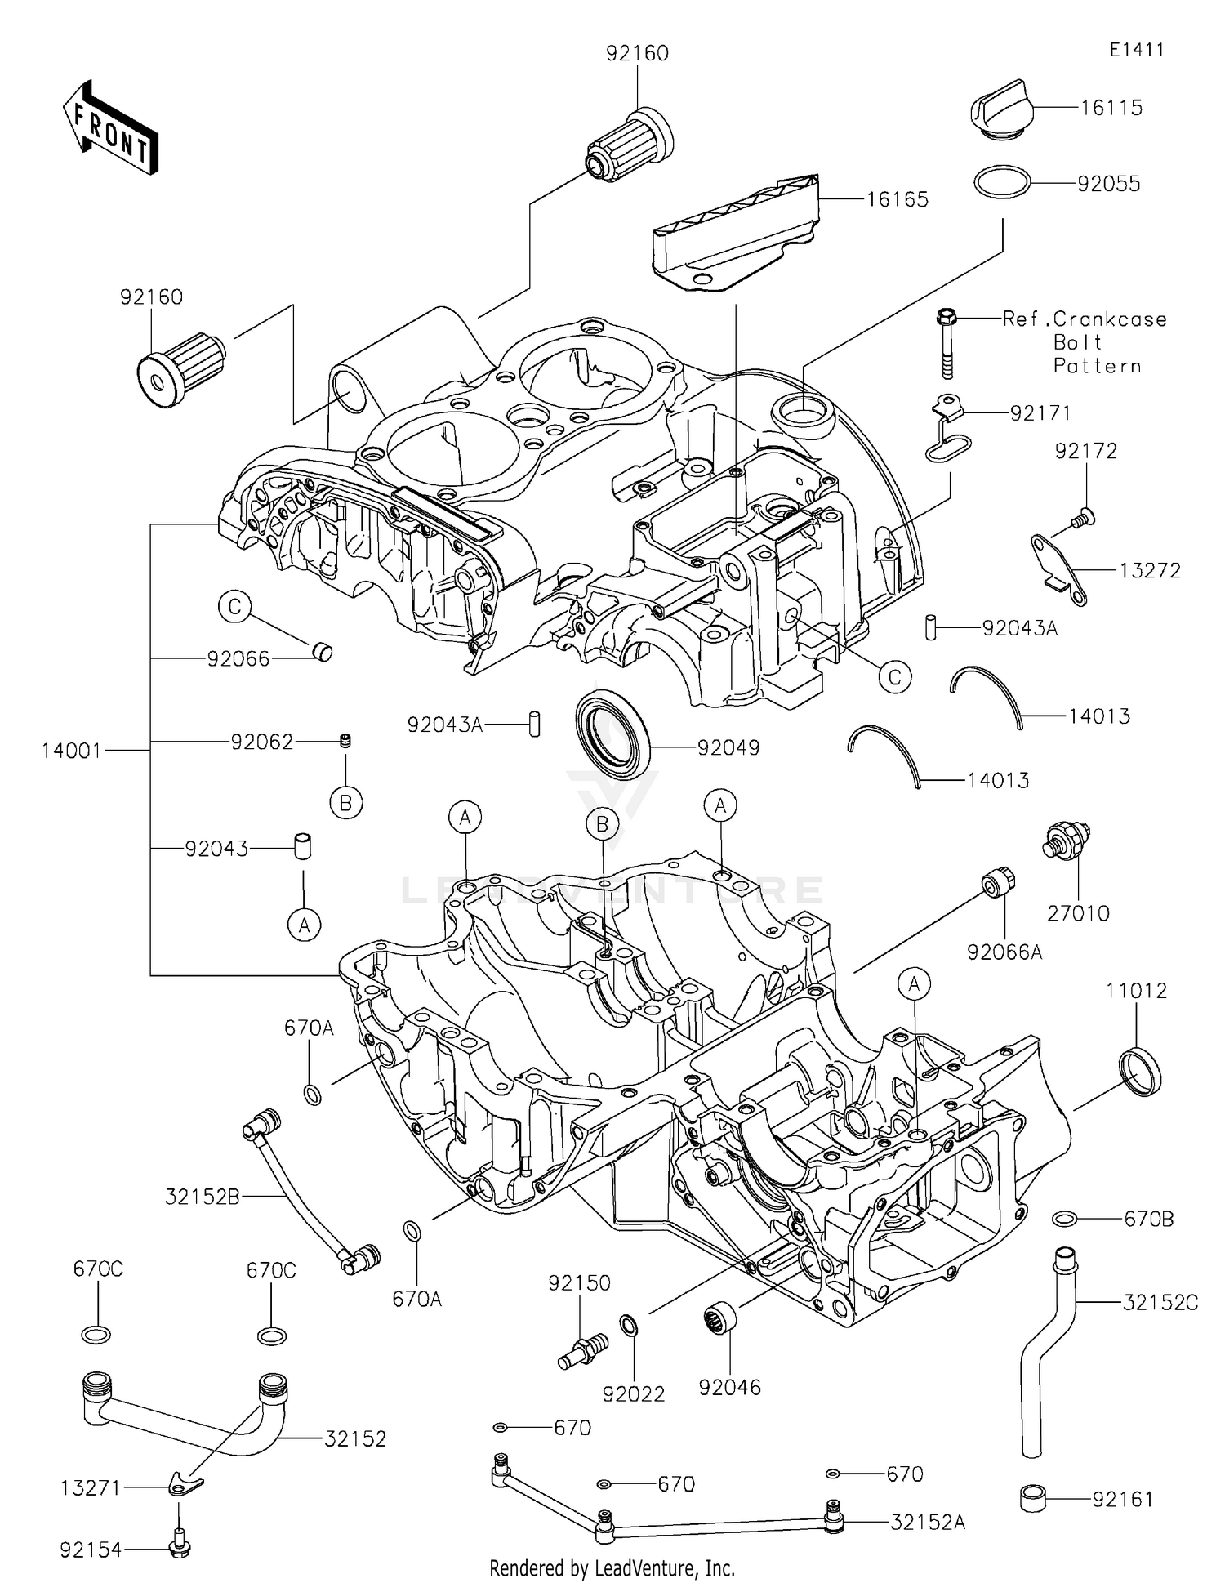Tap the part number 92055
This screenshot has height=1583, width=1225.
pyautogui.click(x=1108, y=184)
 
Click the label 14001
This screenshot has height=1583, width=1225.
pyautogui.click(x=72, y=750)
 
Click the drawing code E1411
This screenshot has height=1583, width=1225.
pyautogui.click(x=1136, y=50)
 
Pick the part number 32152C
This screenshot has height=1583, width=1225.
pyautogui.click(x=1160, y=1303)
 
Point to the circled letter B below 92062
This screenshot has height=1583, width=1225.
pyautogui.click(x=345, y=804)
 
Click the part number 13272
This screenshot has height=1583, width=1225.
pyautogui.click(x=1150, y=570)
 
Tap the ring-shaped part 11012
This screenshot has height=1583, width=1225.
pyautogui.click(x=1138, y=1070)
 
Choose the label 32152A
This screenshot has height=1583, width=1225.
pyautogui.click(x=928, y=1522)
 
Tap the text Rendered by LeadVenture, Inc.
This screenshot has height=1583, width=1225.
pyautogui.click(x=612, y=1567)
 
